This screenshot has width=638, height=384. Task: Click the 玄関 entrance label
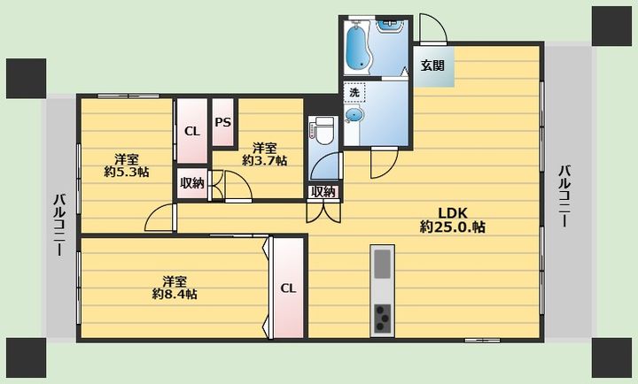click(432, 65)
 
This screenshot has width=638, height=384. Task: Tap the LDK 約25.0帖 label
click(453, 219)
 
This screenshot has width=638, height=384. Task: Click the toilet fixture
click(324, 130)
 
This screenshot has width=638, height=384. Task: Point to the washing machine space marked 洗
click(354, 92)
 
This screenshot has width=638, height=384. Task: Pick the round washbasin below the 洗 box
click(353, 115)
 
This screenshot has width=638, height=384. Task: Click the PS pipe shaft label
click(223, 122)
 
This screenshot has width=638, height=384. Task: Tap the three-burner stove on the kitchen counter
click(383, 318)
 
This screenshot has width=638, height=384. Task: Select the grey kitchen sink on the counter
click(383, 264)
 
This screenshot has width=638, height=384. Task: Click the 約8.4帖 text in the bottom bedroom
click(175, 295)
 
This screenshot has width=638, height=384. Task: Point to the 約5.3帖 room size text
click(126, 172)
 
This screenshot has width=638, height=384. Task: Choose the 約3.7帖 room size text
click(264, 160)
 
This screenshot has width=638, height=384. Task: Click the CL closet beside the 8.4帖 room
click(288, 288)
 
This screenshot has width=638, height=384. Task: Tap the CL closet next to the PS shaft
click(192, 131)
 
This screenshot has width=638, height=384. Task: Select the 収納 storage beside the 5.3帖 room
click(192, 183)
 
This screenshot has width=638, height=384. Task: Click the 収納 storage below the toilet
click(323, 192)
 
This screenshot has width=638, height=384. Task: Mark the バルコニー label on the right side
click(564, 196)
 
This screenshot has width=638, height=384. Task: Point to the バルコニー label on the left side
click(60, 225)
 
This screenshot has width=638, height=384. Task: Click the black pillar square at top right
click(611, 26)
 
